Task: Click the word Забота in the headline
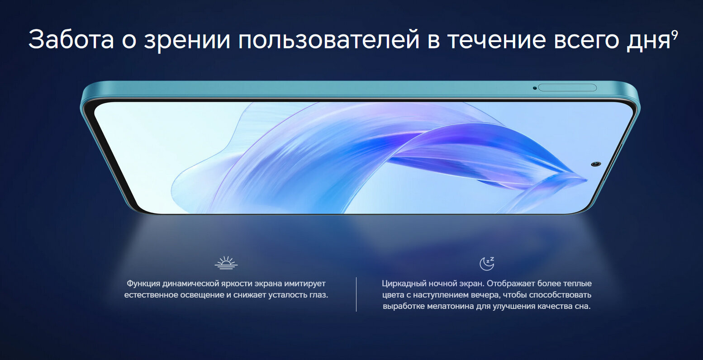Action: [x=71, y=39]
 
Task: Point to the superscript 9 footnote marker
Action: [x=674, y=34]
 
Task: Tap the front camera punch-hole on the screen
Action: [x=596, y=164]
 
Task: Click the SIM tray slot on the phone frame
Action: [x=567, y=88]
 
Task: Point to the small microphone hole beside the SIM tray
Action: [x=534, y=88]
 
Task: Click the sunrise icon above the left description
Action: [x=226, y=263]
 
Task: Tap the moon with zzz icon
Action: [x=487, y=264]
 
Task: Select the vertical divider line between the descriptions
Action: [x=356, y=294]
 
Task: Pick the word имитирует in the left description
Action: [x=305, y=284]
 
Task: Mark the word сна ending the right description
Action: [x=583, y=306]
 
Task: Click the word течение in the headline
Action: [x=497, y=40]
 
